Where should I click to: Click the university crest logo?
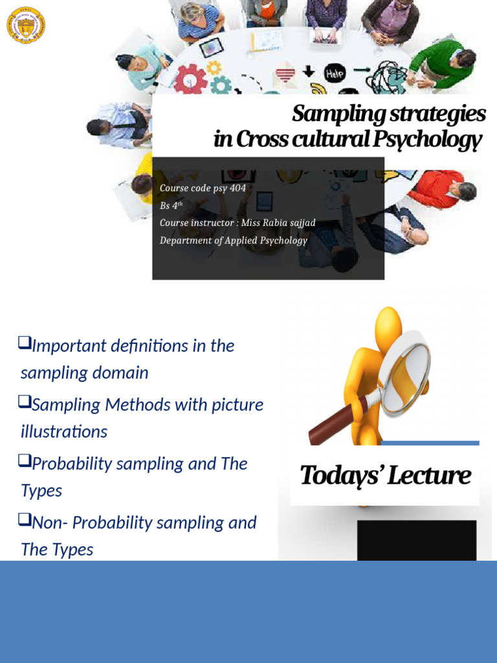click(25, 26)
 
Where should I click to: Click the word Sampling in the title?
click(329, 114)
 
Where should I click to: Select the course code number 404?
click(237, 188)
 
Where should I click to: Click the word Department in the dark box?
click(184, 240)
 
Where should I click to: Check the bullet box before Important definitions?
click(25, 341)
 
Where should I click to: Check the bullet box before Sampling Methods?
click(25, 401)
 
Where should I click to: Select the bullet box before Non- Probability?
click(25, 519)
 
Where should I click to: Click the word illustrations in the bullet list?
click(64, 431)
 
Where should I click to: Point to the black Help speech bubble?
click(335, 74)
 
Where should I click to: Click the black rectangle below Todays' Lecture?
click(416, 540)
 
